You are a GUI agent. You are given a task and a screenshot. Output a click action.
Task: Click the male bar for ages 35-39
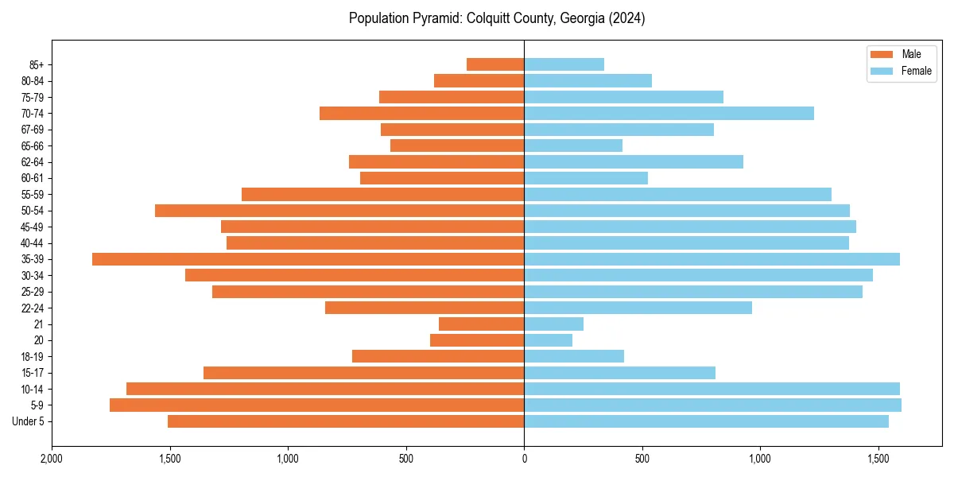coord(308,259)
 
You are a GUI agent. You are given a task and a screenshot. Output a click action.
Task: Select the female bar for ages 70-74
coord(669,114)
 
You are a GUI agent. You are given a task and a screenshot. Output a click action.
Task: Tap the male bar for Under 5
coord(346,421)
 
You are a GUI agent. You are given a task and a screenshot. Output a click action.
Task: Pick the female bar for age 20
coord(548,340)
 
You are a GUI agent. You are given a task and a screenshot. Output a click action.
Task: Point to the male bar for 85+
coord(495,64)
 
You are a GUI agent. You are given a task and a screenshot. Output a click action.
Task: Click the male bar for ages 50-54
coord(339,211)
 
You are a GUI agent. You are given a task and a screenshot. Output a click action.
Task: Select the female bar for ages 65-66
coord(573,145)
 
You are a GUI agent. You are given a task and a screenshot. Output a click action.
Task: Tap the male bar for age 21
coord(481,324)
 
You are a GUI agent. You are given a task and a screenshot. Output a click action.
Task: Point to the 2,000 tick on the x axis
coord(52,459)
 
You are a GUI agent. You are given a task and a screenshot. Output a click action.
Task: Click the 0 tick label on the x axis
coord(524,459)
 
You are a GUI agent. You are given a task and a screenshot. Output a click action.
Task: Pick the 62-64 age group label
coord(33,162)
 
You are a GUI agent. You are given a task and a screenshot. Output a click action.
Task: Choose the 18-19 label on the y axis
coord(33,357)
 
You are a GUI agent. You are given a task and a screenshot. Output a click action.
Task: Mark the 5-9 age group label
coord(37,405)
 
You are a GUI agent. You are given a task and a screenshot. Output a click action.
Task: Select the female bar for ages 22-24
coord(638,308)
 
